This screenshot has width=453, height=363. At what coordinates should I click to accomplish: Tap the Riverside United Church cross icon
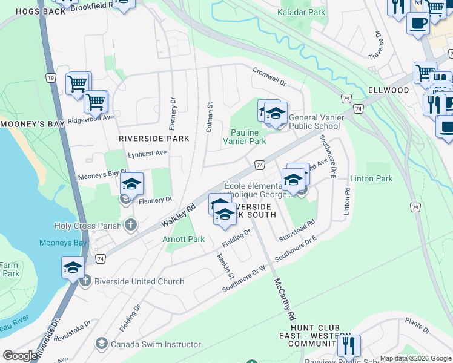(85, 281)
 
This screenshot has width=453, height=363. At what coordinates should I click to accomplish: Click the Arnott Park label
(184, 240)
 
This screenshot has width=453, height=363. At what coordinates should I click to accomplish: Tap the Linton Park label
(371, 178)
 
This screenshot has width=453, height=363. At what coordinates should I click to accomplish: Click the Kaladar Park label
(301, 12)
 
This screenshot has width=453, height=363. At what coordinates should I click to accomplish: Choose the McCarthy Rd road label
(283, 299)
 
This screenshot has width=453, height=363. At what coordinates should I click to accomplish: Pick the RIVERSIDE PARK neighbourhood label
(154, 139)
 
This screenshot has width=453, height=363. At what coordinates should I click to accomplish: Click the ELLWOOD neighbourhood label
(388, 90)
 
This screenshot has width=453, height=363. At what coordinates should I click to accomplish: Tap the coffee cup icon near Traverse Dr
(417, 24)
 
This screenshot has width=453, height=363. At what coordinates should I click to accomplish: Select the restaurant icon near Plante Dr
(349, 346)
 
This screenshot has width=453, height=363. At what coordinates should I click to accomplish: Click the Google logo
(21, 356)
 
